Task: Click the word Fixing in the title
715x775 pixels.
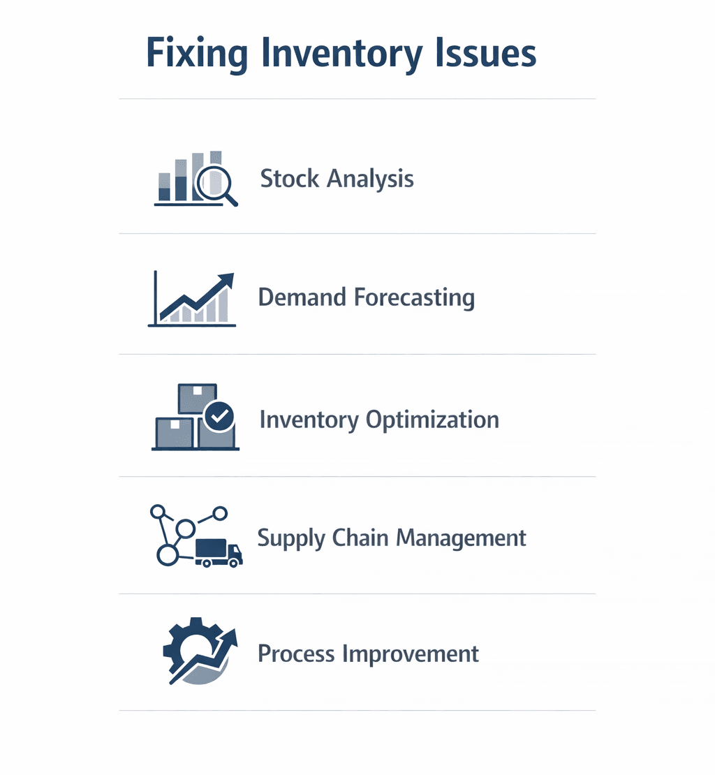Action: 197,54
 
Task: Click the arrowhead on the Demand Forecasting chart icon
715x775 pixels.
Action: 226,280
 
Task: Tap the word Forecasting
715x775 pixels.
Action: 414,298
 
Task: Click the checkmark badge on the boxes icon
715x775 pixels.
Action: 219,417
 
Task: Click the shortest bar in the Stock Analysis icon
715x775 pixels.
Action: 164,187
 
